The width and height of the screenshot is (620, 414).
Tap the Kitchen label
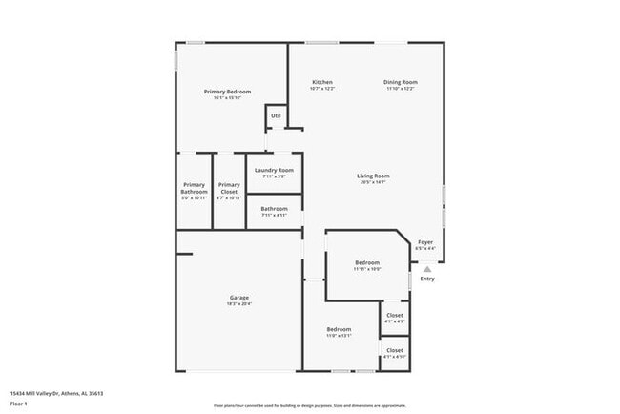click(322, 82)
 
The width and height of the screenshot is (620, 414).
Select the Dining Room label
click(401, 82)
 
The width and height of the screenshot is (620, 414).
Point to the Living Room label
click(373, 176)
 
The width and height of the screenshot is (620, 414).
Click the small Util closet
click(276, 116)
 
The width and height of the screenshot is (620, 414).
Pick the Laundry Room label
click(274, 170)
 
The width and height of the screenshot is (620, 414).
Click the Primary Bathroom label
click(194, 188)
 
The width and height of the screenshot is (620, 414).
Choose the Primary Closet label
click(229, 188)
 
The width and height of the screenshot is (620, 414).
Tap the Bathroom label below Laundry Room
click(275, 208)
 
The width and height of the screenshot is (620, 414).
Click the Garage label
click(238, 297)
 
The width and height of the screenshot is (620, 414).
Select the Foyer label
click(425, 242)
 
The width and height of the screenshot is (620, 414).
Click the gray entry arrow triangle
click(426, 269)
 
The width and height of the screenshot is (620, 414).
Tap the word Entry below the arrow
click(427, 279)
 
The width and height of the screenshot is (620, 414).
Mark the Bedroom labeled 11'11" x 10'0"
click(367, 262)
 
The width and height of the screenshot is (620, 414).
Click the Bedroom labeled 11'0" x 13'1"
click(340, 329)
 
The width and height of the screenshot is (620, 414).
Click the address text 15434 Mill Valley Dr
click(56, 393)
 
